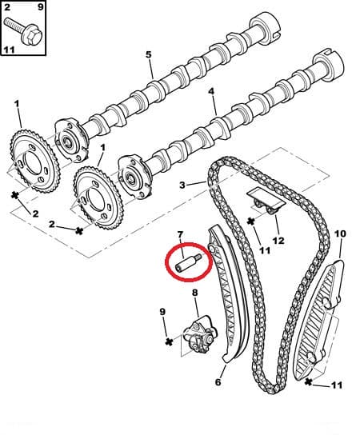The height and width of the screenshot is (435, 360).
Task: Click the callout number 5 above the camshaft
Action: pos(149,54)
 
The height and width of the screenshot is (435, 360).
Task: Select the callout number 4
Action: pos(212,92)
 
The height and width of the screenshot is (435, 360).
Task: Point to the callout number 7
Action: pos(181,233)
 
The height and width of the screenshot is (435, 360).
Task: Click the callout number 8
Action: pos(194,293)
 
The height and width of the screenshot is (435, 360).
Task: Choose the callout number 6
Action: pos(218,382)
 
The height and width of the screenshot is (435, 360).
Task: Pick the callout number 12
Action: pos(278,239)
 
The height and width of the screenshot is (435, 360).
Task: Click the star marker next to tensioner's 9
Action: pos(169,341)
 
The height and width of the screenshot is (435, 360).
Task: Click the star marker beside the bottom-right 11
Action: pos(307,384)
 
